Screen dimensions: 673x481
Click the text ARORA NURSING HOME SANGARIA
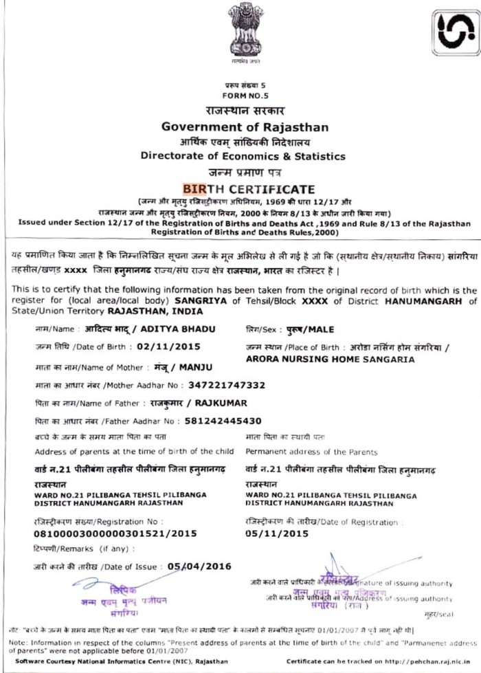coord(330,360)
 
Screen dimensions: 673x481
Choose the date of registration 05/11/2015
coord(277,533)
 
